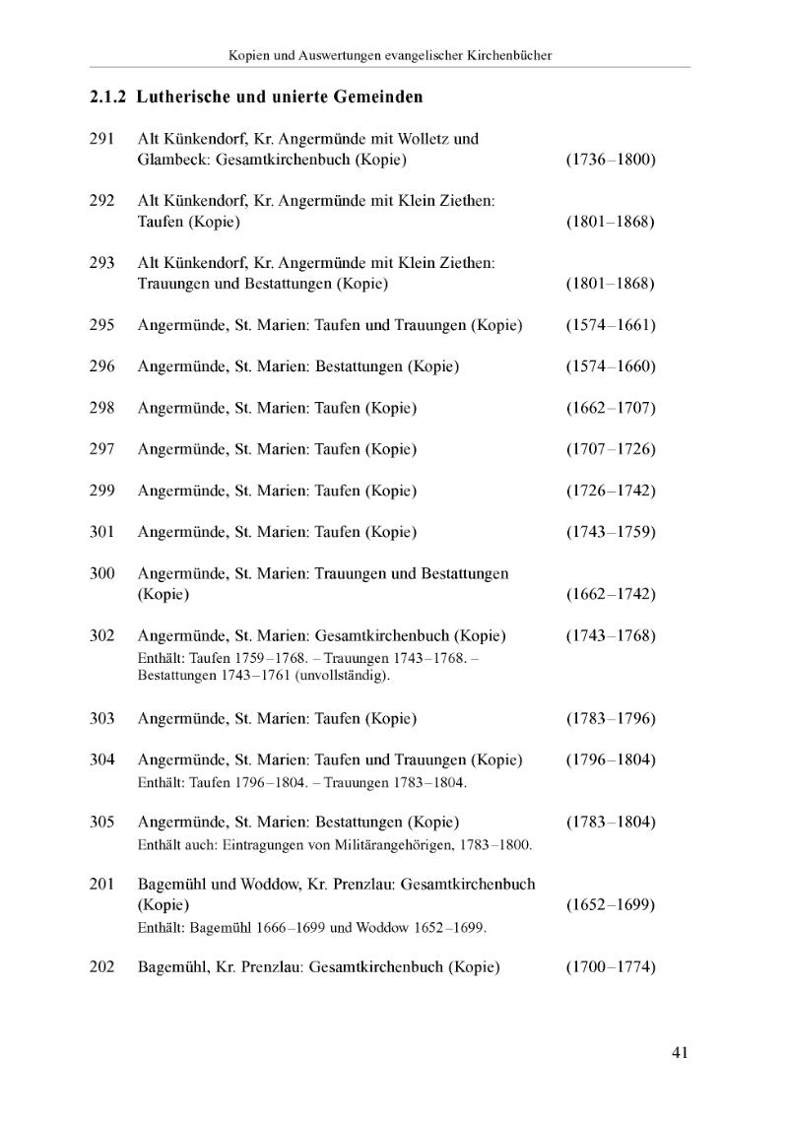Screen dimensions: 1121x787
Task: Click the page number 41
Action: click(x=680, y=1052)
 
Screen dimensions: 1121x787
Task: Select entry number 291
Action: click(x=101, y=139)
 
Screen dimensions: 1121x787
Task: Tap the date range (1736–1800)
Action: click(x=610, y=160)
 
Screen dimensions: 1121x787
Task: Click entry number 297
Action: click(x=101, y=449)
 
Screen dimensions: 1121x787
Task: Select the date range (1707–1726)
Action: click(x=610, y=449)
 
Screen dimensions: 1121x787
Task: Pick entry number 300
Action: click(x=101, y=573)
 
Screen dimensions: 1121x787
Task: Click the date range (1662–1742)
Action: click(x=610, y=594)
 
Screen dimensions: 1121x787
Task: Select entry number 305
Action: click(x=101, y=822)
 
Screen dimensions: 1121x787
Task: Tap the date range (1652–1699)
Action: click(x=610, y=904)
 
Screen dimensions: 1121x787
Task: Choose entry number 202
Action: click(x=101, y=967)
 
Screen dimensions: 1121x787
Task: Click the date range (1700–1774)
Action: click(x=610, y=967)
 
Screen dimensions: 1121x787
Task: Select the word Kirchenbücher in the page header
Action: click(x=502, y=55)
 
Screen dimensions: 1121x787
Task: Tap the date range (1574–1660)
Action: click(x=610, y=366)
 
